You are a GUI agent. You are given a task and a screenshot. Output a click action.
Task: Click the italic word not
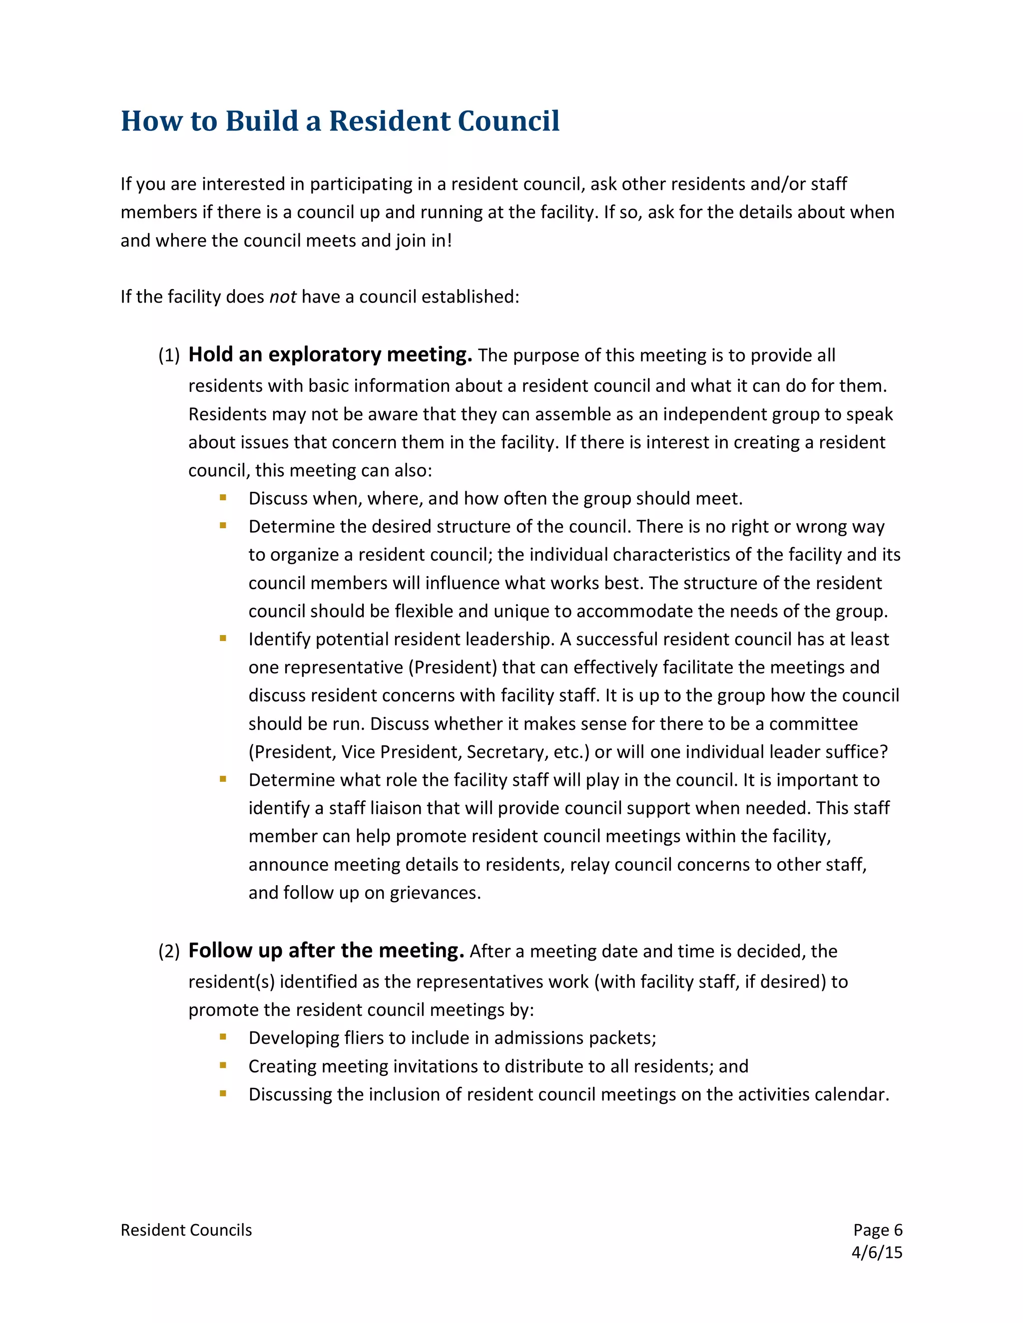[x=282, y=297]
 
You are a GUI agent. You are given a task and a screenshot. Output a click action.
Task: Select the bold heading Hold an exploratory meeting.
[x=330, y=354]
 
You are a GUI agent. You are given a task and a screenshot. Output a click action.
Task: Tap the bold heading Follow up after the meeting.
[x=326, y=951]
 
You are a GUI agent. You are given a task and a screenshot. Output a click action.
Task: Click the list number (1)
[x=168, y=355]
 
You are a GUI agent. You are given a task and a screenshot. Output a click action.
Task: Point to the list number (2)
[x=168, y=952]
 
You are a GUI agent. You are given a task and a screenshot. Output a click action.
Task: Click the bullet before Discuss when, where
[x=223, y=497]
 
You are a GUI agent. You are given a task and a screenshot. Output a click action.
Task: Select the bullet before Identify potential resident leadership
[x=223, y=638]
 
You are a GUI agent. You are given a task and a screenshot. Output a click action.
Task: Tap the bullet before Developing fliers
[x=223, y=1036]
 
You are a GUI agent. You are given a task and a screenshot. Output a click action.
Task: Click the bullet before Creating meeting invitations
[x=223, y=1065]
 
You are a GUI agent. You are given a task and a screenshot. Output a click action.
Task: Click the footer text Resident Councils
[x=186, y=1230]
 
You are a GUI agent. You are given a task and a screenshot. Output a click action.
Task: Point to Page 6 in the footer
[x=878, y=1230]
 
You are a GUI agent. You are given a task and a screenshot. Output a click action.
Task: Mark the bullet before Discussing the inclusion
[x=223, y=1093]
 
